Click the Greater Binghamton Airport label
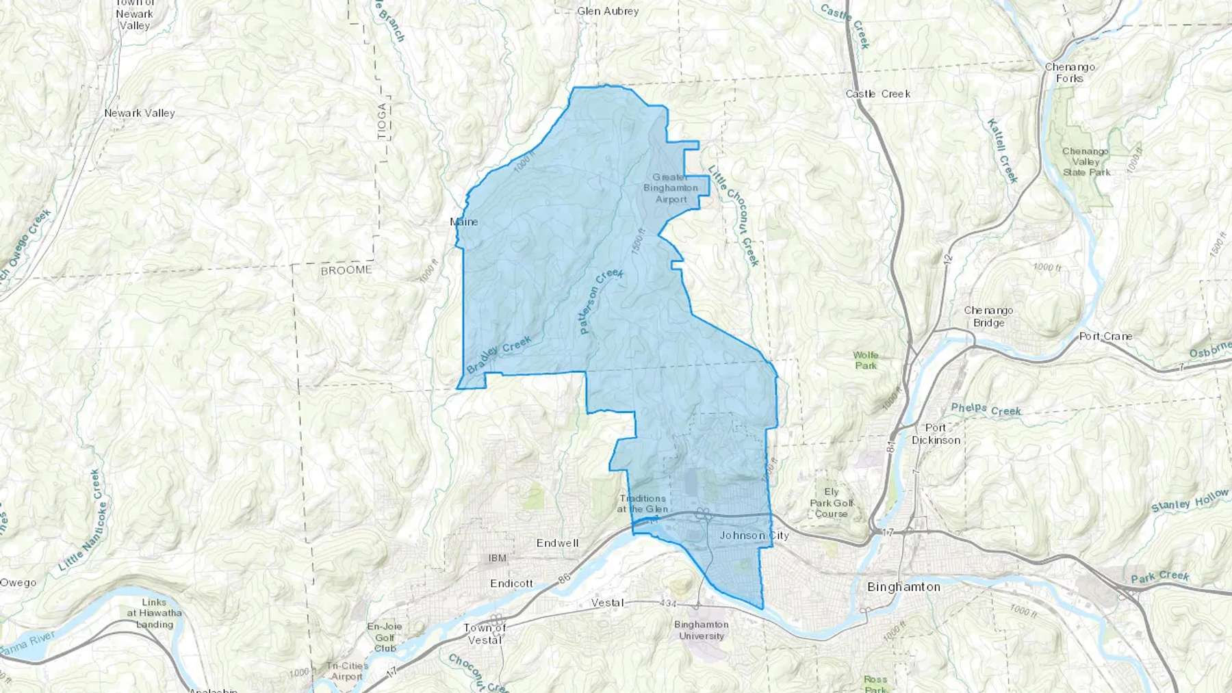tap(671, 188)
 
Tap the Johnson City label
tap(754, 536)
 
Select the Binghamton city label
tap(903, 587)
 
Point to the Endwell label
tap(557, 543)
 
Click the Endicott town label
tap(511, 584)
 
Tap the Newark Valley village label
tap(140, 113)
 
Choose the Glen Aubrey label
tap(608, 11)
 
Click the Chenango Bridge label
tap(988, 316)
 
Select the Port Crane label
tap(1105, 337)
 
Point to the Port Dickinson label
tap(936, 434)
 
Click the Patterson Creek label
tap(600, 300)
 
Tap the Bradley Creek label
tap(499, 354)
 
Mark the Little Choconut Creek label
tap(734, 215)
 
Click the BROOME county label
tap(346, 270)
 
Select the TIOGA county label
tap(382, 121)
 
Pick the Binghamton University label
tap(701, 630)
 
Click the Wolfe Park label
tap(865, 360)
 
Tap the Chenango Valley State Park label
tap(1086, 161)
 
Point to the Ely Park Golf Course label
tap(831, 503)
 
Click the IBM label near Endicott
tap(498, 558)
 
